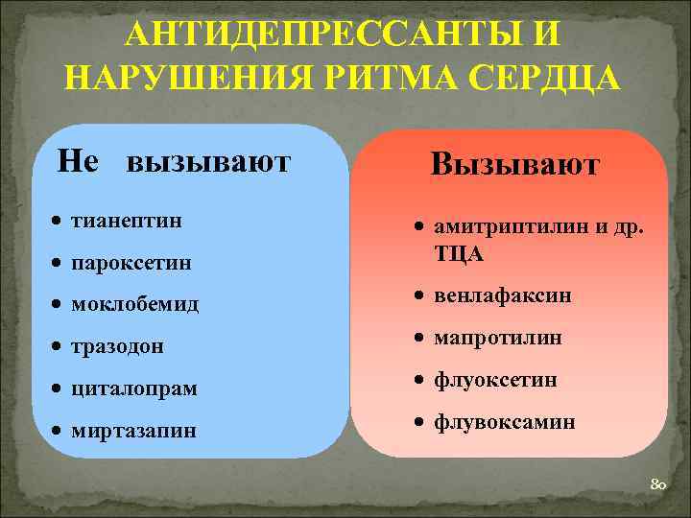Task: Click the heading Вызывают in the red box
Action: tap(514, 164)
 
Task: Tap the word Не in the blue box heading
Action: tap(78, 160)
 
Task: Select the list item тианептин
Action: tap(128, 221)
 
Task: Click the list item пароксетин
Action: tap(131, 262)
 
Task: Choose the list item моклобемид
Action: tap(135, 304)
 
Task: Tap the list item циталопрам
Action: tap(134, 388)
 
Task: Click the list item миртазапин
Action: tap(133, 431)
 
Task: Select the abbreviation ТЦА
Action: tap(459, 254)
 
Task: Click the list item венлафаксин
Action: tap(502, 295)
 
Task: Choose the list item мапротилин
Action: tap(497, 338)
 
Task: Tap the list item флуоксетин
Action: tap(494, 380)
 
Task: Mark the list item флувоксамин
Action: tap(504, 421)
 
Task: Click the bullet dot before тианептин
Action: tap(60, 222)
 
